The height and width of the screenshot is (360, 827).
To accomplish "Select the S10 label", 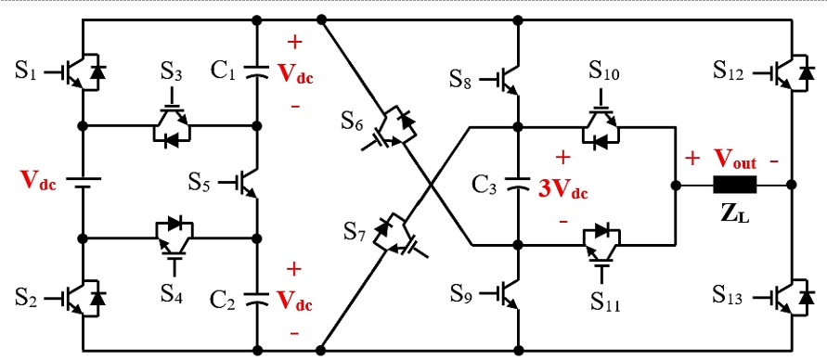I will (606, 70).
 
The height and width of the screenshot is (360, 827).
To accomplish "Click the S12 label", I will (730, 71).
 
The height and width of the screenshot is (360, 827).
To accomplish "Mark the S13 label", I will (730, 296).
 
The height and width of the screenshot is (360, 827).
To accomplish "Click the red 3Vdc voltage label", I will (562, 192).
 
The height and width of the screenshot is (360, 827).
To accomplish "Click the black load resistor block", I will (734, 184).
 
